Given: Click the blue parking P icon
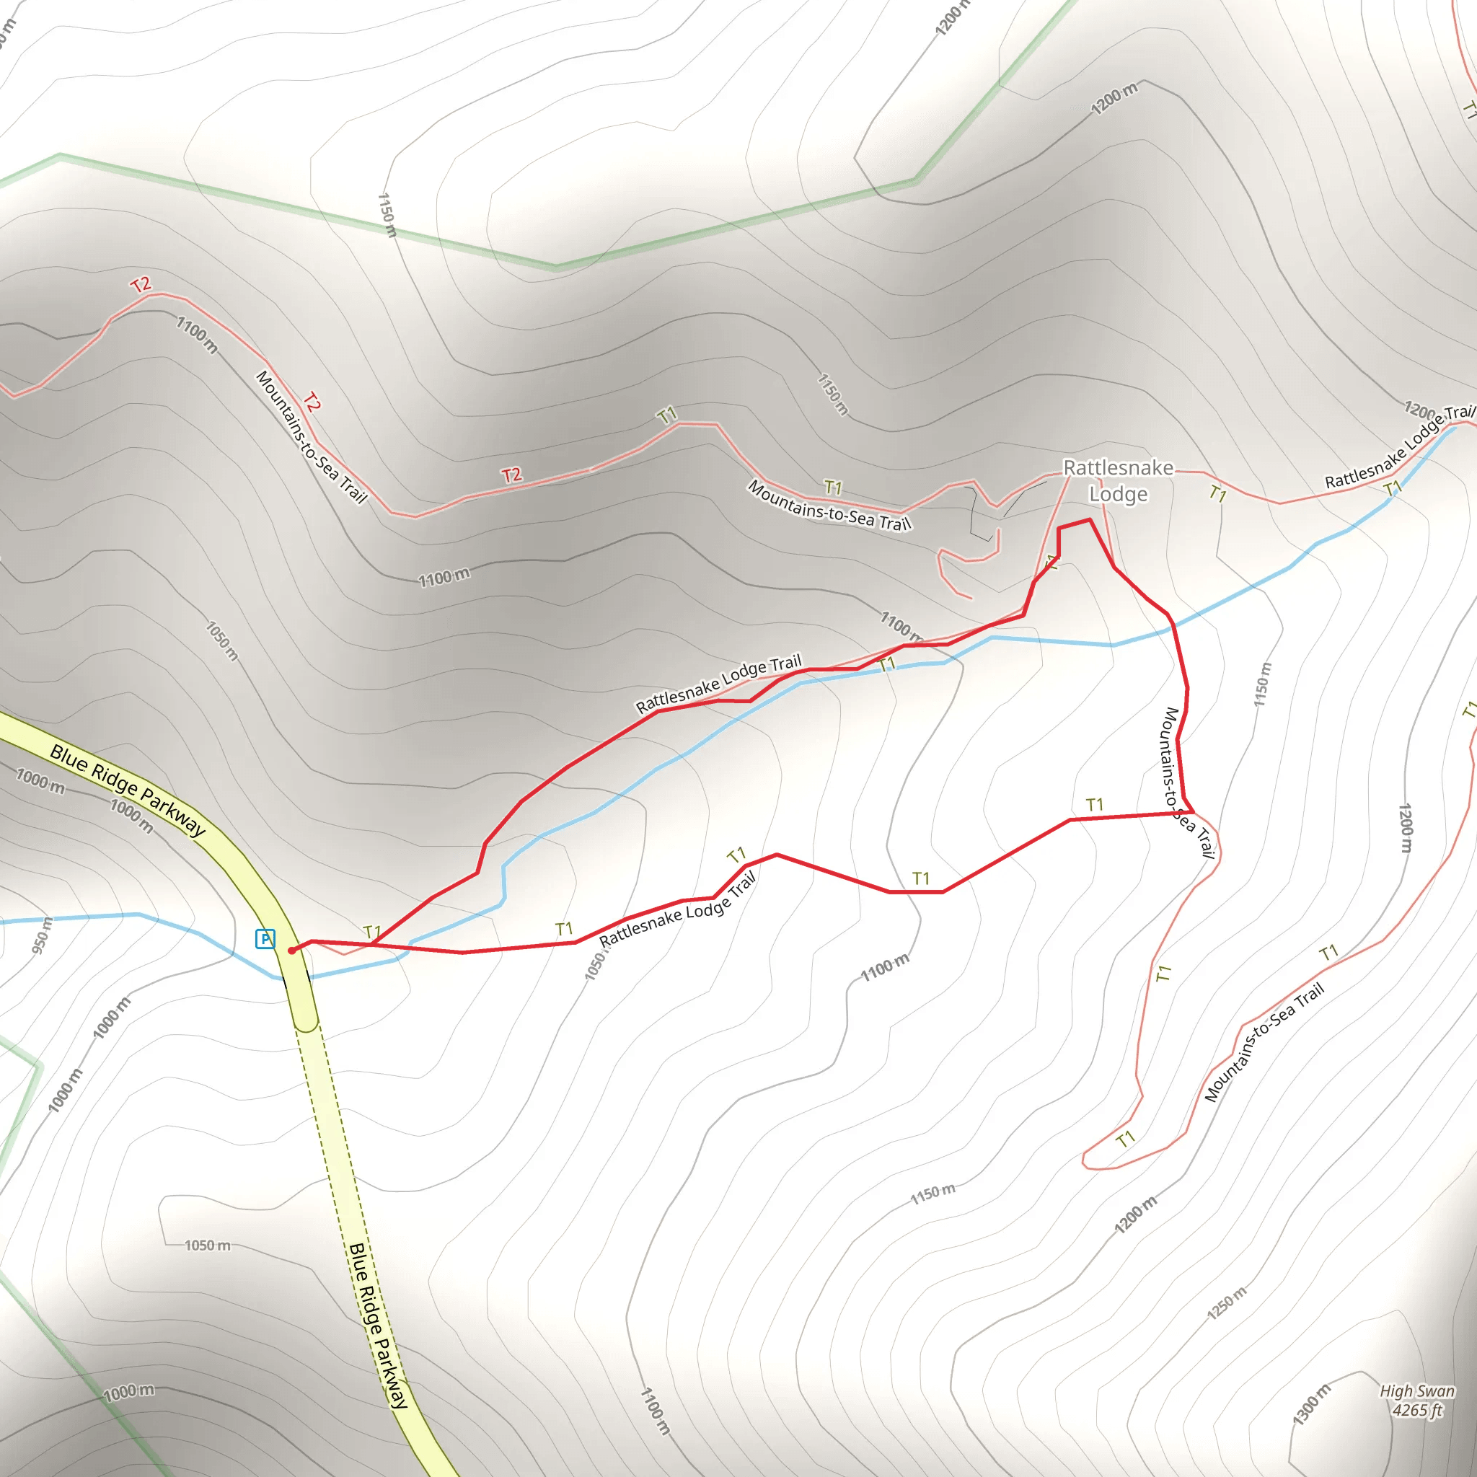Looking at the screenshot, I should [x=265, y=938].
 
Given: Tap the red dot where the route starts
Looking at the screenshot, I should [x=291, y=951].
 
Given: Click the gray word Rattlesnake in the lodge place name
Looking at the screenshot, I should [x=1118, y=467].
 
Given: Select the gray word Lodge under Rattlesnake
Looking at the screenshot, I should [x=1118, y=494].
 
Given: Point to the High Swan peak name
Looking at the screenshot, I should [x=1416, y=1390].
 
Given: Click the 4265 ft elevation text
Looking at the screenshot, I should [x=1416, y=1410].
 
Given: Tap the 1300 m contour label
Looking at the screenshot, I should [x=1311, y=1404].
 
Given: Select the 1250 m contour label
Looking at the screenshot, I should [x=1226, y=1302].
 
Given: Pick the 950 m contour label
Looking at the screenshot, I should [x=42, y=935].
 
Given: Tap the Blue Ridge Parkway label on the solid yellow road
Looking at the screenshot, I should [x=128, y=790].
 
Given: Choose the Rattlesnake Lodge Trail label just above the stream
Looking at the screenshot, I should [x=718, y=683].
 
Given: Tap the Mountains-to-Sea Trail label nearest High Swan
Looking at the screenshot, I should [x=1264, y=1041].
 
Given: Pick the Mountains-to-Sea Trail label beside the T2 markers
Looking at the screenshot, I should [x=311, y=436].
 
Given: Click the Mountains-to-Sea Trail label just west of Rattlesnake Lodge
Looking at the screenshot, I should [x=829, y=506].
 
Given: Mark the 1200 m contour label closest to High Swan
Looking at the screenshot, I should [x=1135, y=1214].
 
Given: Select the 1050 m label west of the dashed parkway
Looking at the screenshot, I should [x=207, y=1245].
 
